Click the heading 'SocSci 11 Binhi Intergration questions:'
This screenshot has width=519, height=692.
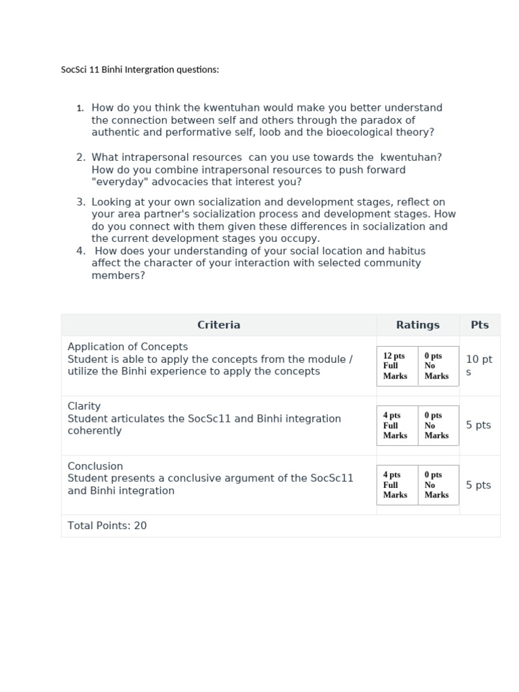pyautogui.click(x=140, y=70)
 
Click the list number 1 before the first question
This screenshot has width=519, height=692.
pyautogui.click(x=80, y=108)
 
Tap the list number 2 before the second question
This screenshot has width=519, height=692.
pyautogui.click(x=80, y=157)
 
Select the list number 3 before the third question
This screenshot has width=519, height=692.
pyautogui.click(x=80, y=202)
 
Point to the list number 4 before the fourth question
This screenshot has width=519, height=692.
pyautogui.click(x=80, y=251)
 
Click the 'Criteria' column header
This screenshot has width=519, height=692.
pyautogui.click(x=218, y=325)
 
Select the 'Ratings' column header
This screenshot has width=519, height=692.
pyautogui.click(x=418, y=325)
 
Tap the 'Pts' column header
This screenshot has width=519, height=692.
pyautogui.click(x=479, y=325)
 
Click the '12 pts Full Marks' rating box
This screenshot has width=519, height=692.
pyautogui.click(x=397, y=366)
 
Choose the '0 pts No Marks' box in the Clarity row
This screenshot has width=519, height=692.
pyautogui.click(x=437, y=425)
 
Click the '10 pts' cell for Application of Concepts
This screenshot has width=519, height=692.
pyautogui.click(x=478, y=366)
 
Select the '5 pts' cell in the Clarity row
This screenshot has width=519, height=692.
pyautogui.click(x=478, y=425)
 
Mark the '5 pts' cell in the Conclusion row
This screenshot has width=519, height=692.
pyautogui.click(x=478, y=485)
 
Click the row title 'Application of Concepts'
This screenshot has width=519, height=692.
pyautogui.click(x=128, y=347)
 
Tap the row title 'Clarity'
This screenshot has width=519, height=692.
pyautogui.click(x=84, y=406)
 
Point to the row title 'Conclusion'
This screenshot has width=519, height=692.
pyautogui.click(x=95, y=466)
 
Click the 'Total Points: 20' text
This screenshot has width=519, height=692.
pyautogui.click(x=107, y=526)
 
